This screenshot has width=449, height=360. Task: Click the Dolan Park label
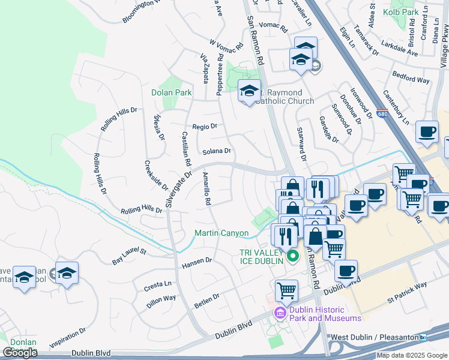(x=172, y=93)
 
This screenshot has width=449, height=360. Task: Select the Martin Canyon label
(x=221, y=233)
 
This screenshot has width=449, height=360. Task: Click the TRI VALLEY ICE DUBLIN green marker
(x=293, y=257)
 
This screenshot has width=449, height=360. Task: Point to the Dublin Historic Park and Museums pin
(x=280, y=313)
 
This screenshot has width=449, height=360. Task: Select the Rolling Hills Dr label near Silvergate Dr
(x=142, y=210)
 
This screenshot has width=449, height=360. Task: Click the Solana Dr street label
(x=217, y=151)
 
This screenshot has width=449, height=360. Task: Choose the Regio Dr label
(x=205, y=127)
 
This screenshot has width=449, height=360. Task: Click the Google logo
(x=20, y=353)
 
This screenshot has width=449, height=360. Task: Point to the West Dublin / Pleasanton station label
(x=374, y=338)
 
